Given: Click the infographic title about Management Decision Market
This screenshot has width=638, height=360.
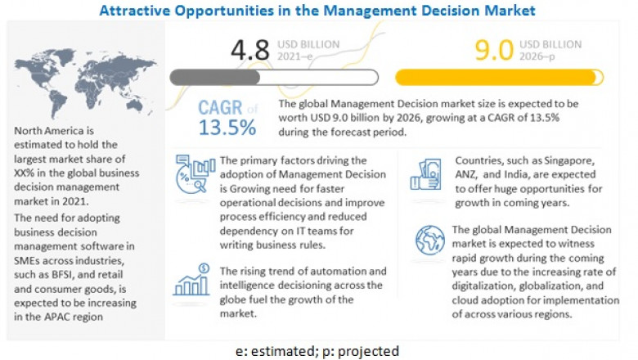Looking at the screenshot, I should click(x=317, y=11).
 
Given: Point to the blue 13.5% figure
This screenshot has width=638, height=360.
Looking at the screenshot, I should click(x=227, y=128).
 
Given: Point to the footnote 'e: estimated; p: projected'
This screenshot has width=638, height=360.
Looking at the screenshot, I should click(x=317, y=351).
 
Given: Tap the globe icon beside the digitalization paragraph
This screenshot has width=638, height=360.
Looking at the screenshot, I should click(x=429, y=241).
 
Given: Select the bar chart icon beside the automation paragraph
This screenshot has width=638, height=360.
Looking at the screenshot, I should click(x=191, y=281).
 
